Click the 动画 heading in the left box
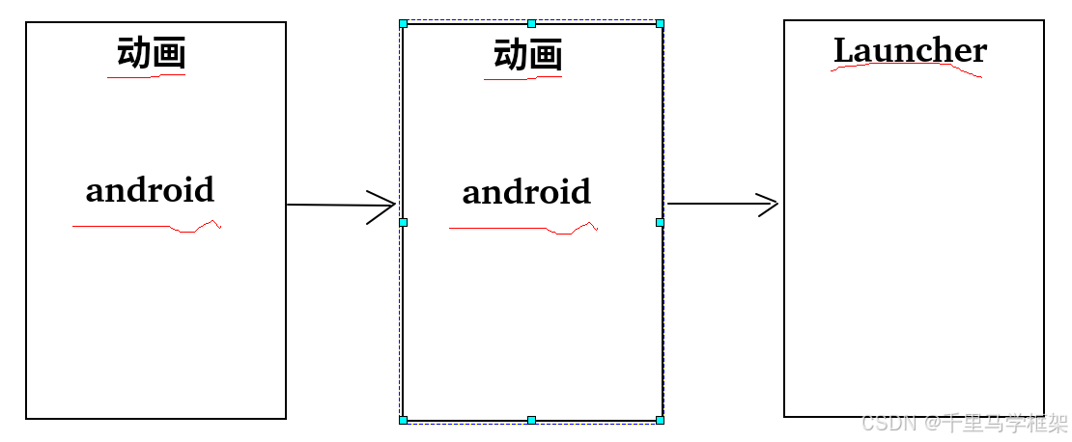(151, 53)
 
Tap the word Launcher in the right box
(910, 49)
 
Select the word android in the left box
(150, 190)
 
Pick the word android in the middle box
(526, 192)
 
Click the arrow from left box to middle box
(341, 206)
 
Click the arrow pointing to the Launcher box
(722, 204)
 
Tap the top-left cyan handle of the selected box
(403, 23)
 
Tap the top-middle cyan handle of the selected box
(531, 23)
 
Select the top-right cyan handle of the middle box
(660, 23)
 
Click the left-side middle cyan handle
(403, 222)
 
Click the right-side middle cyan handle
(660, 222)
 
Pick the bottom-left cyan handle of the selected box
(403, 420)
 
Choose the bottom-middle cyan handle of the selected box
(531, 420)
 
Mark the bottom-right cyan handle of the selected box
(660, 420)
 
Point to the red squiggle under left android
(145, 227)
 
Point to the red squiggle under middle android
(522, 229)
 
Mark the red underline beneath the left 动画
(130, 77)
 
